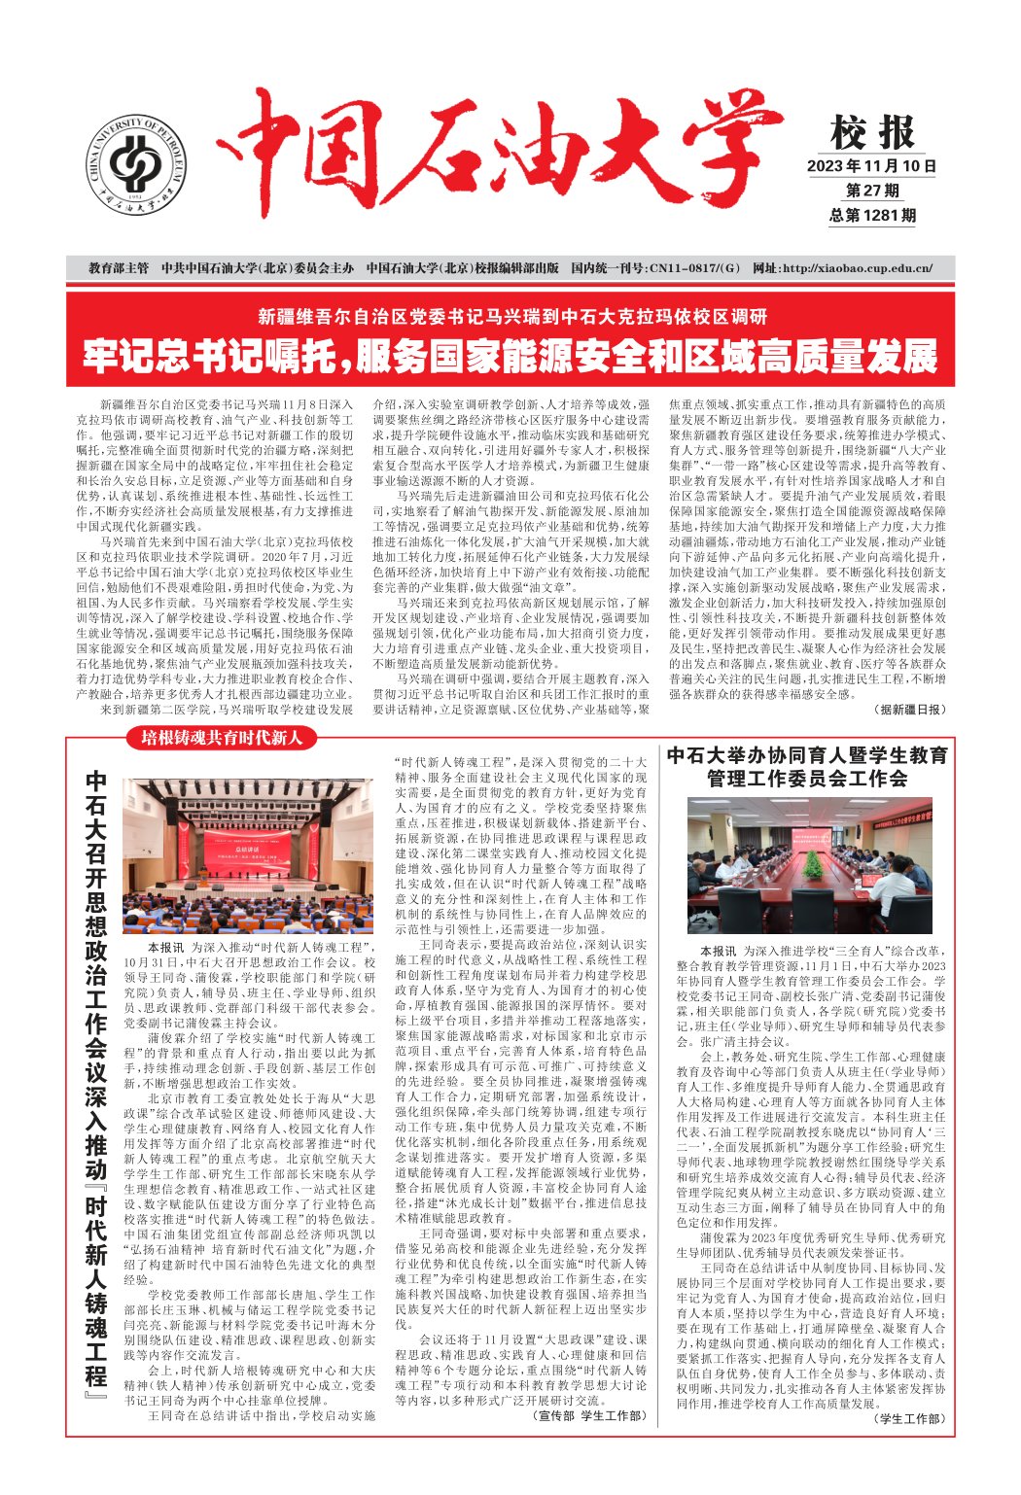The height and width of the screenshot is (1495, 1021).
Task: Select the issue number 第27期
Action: (872, 191)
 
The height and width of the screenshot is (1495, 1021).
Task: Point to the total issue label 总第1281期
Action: (872, 216)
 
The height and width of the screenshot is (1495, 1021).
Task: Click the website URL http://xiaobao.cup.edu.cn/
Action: (842, 268)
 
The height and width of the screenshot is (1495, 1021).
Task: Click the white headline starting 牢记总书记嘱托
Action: (510, 357)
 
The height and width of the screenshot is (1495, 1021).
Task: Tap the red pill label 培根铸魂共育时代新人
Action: (223, 738)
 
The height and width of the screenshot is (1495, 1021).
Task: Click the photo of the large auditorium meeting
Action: (247, 856)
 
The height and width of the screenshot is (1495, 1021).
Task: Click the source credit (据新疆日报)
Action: (908, 711)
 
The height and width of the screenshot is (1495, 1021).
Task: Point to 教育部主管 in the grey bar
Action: (119, 268)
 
